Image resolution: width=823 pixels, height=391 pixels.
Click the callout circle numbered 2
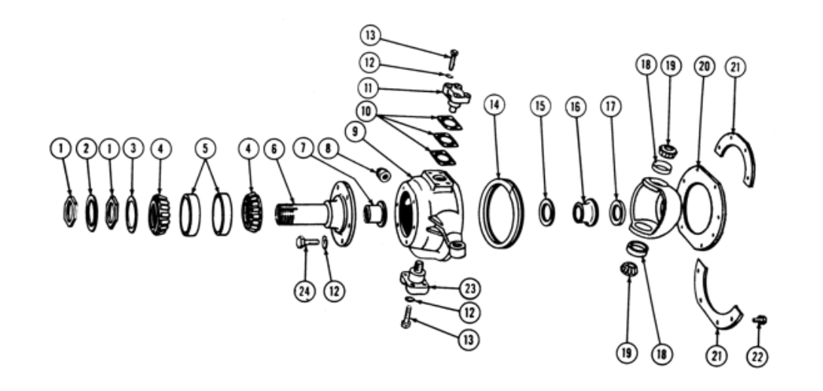pyautogui.click(x=87, y=149)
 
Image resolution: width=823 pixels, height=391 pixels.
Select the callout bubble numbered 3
pyautogui.click(x=133, y=148)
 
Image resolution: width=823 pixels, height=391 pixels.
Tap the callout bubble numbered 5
pyautogui.click(x=205, y=148)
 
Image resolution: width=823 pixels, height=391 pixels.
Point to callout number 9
pyautogui.click(x=356, y=132)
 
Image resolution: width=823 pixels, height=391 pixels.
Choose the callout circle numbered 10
pyautogui.click(x=366, y=111)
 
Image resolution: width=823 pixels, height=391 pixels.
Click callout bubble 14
pyautogui.click(x=494, y=105)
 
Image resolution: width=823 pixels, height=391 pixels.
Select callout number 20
pyautogui.click(x=705, y=66)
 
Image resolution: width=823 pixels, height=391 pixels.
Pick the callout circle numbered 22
pyautogui.click(x=757, y=357)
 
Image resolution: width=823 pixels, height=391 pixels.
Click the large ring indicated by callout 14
pyautogui.click(x=501, y=213)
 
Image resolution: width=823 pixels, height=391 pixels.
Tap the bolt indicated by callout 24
pyautogui.click(x=307, y=243)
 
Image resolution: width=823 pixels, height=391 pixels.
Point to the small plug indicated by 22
pyautogui.click(x=760, y=319)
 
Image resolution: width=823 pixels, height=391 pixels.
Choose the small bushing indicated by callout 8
pyautogui.click(x=384, y=176)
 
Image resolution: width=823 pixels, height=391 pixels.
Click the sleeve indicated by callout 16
pyautogui.click(x=585, y=212)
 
